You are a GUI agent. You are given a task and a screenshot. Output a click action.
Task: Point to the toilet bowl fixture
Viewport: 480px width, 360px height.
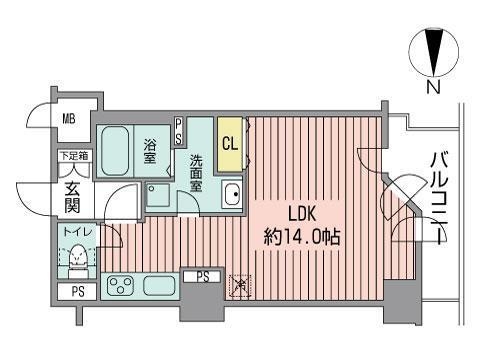pyautogui.click(x=77, y=258)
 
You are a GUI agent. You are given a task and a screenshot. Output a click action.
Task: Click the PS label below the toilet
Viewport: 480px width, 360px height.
pyautogui.click(x=76, y=292)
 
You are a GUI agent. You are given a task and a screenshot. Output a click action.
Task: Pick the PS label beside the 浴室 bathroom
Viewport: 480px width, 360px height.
pyautogui.click(x=179, y=131)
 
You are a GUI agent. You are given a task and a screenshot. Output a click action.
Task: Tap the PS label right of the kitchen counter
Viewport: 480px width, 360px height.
pyautogui.click(x=202, y=277)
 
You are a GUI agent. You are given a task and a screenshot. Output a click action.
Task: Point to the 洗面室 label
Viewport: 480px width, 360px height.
pyautogui.click(x=197, y=172)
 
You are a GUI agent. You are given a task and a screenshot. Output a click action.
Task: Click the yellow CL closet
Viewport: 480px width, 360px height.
pyautogui.click(x=229, y=143)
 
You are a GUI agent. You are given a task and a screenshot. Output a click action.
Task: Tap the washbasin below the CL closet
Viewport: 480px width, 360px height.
pyautogui.click(x=231, y=196)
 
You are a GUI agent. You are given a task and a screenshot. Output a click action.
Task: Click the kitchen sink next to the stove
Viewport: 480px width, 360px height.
pyautogui.click(x=159, y=287)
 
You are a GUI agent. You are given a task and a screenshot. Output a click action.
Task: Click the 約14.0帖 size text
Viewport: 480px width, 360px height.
pyautogui.click(x=304, y=239)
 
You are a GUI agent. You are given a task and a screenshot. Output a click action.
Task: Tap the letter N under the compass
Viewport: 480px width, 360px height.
pyautogui.click(x=433, y=87)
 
